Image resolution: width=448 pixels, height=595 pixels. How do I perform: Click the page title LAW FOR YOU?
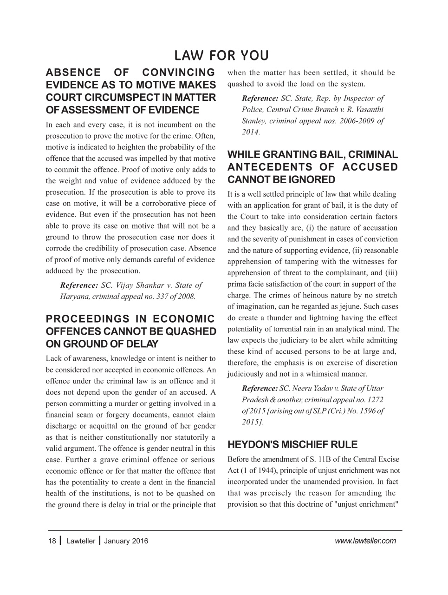[221, 56]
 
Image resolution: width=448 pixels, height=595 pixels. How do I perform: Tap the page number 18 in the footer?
[51, 541]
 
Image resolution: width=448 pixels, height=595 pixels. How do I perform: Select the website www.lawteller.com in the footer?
[365, 540]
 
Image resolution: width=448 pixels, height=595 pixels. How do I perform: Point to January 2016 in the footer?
[126, 541]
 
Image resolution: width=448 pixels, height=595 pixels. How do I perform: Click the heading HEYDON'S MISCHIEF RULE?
[292, 444]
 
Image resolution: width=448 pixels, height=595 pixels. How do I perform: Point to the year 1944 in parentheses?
[261, 470]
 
